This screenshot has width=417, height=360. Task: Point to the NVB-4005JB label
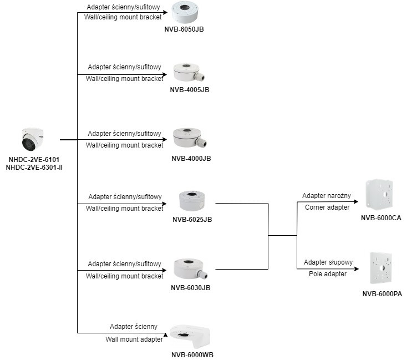[190, 89]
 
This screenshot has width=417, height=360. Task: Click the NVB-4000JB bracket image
[190, 138]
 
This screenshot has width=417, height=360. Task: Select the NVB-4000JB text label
[191, 159]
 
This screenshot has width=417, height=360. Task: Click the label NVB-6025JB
[192, 219]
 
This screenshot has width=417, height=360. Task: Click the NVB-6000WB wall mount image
[191, 337]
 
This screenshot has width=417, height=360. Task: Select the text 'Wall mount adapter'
[134, 339]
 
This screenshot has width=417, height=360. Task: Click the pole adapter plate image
[382, 268]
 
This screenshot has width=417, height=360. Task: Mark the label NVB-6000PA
[382, 294]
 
